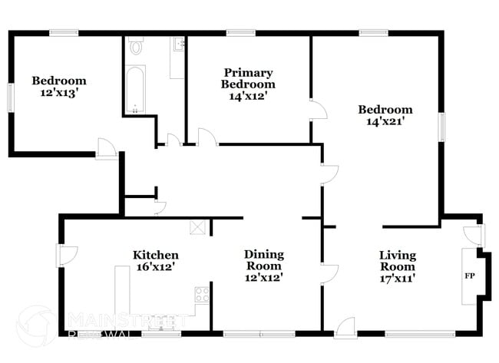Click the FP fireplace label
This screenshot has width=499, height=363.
[468, 274]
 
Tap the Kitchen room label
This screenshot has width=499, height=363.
[156, 255]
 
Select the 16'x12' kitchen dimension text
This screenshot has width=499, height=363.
[156, 267]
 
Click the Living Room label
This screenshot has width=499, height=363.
[398, 260]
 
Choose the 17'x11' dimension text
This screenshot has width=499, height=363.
[398, 278]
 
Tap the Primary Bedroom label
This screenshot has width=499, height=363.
[248, 78]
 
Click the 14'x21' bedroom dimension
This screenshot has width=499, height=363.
[385, 120]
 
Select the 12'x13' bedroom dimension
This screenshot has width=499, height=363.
[58, 92]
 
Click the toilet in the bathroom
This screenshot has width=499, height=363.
[137, 48]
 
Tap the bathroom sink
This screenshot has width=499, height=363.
[177, 45]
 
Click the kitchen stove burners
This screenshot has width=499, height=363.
[203, 293]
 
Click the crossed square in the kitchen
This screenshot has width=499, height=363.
[198, 226]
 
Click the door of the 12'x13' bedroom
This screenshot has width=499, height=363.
[106, 149]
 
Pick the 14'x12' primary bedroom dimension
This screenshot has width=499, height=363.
[248, 96]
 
